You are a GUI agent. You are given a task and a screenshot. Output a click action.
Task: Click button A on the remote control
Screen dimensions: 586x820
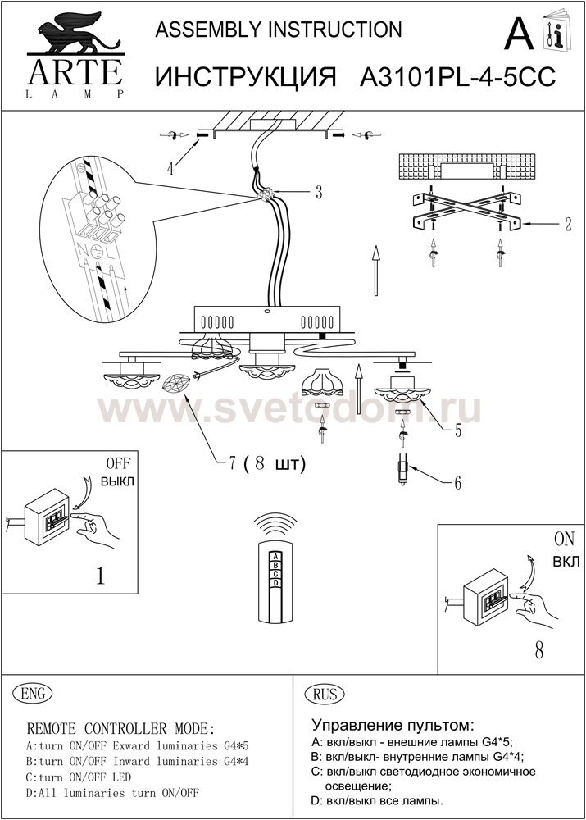point(275,557)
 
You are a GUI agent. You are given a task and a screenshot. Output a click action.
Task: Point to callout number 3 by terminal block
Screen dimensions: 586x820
point(318,192)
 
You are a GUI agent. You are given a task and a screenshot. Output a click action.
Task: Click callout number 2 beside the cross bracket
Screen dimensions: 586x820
point(568,224)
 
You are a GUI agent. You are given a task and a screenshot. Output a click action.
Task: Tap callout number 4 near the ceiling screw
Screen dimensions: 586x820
point(170,170)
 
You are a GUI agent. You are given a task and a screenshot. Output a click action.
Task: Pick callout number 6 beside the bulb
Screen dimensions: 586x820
point(457,483)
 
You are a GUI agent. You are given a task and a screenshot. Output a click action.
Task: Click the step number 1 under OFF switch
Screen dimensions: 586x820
point(100,576)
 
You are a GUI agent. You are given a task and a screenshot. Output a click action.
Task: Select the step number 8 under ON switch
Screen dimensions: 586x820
point(539,649)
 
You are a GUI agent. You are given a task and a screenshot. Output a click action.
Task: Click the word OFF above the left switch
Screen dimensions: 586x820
point(119,463)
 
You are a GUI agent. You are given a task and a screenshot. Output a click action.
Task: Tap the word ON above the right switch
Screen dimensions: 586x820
point(564,539)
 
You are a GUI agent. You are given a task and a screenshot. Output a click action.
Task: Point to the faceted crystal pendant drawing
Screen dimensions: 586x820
point(177,384)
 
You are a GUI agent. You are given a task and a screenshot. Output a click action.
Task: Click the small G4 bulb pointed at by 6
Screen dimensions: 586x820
point(403,470)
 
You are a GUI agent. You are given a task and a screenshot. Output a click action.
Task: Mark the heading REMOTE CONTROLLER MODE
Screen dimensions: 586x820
point(120,728)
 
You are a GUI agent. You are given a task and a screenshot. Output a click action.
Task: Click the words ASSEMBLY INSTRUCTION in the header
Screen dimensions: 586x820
point(279,30)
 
